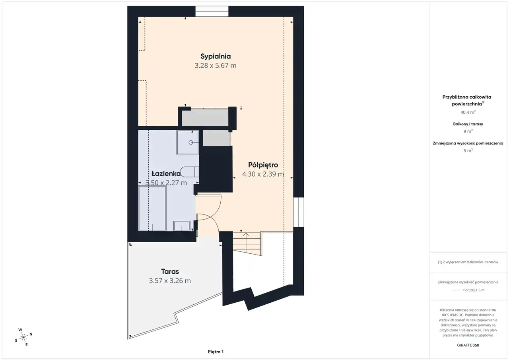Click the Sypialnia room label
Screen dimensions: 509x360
click(x=216, y=56)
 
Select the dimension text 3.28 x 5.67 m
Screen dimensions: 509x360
click(x=216, y=66)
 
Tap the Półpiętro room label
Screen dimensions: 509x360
click(x=263, y=165)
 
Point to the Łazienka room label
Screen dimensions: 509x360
click(x=166, y=174)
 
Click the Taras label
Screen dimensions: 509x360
click(x=170, y=271)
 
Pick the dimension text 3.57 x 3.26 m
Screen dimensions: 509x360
click(x=170, y=281)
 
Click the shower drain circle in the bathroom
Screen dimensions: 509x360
click(x=191, y=142)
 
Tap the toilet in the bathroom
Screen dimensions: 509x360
click(x=189, y=172)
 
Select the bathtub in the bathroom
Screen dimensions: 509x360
click(x=152, y=208)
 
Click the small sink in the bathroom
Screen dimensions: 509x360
click(x=182, y=226)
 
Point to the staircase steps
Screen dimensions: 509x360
click(x=247, y=243)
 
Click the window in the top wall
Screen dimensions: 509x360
click(x=212, y=11)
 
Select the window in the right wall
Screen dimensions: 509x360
click(x=298, y=212)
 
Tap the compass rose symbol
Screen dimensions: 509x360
click(x=23, y=337)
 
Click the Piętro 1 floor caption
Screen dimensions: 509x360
click(x=216, y=352)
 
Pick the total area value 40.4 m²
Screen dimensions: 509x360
click(x=468, y=112)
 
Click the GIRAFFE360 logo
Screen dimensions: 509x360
click(x=468, y=345)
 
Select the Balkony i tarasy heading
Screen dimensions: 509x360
click(x=468, y=124)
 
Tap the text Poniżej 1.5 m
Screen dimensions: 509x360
click(x=474, y=290)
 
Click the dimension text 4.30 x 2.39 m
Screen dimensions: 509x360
click(x=263, y=174)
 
